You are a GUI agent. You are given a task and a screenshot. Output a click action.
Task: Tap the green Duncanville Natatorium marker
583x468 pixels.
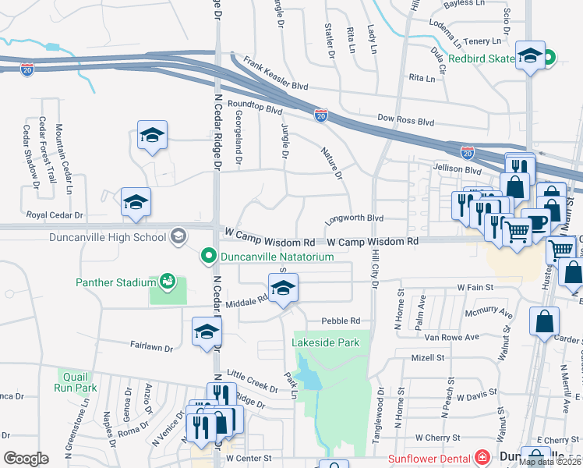(x=208, y=255)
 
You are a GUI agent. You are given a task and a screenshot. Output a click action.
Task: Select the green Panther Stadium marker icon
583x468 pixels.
(x=167, y=281)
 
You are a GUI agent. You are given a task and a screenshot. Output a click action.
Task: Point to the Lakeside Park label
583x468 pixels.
(x=326, y=342)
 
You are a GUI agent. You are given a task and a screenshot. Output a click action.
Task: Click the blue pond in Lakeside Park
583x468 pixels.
(x=309, y=380)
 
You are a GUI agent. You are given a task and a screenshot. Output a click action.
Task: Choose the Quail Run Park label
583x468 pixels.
(x=76, y=381)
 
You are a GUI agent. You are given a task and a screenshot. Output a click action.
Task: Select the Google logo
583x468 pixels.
(x=26, y=459)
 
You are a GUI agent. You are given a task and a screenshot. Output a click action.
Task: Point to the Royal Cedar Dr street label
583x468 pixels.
(x=54, y=214)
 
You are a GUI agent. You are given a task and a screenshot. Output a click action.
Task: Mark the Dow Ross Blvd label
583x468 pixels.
(x=405, y=122)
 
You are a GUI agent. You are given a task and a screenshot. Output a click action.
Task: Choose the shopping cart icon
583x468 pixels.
(x=516, y=231)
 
